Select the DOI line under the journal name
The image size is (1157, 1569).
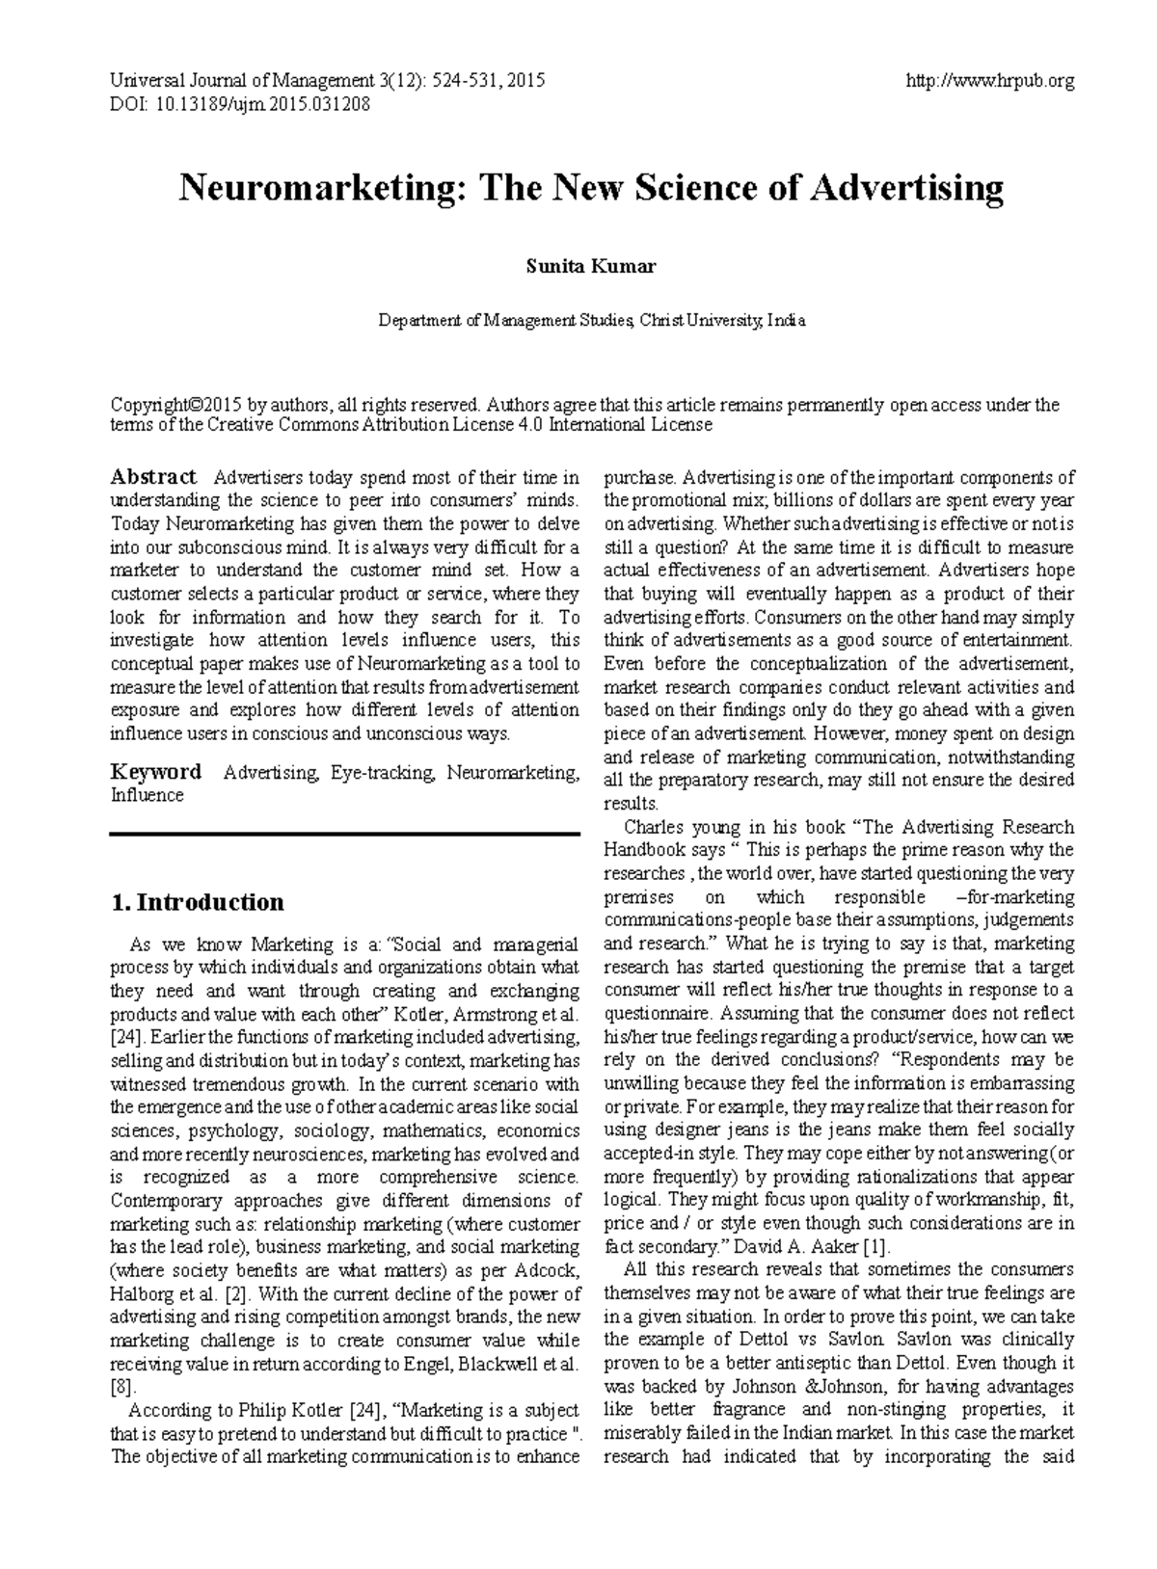click(240, 104)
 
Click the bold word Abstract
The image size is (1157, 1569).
click(153, 477)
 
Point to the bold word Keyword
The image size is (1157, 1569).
click(156, 772)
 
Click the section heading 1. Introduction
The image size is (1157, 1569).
click(198, 902)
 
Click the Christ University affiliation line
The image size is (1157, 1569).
click(591, 321)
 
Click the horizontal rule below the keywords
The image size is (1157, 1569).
click(345, 834)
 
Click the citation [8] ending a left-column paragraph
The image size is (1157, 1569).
click(124, 1387)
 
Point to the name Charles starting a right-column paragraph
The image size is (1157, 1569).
click(656, 827)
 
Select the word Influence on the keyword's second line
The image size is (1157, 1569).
click(147, 796)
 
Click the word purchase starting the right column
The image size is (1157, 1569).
click(639, 478)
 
